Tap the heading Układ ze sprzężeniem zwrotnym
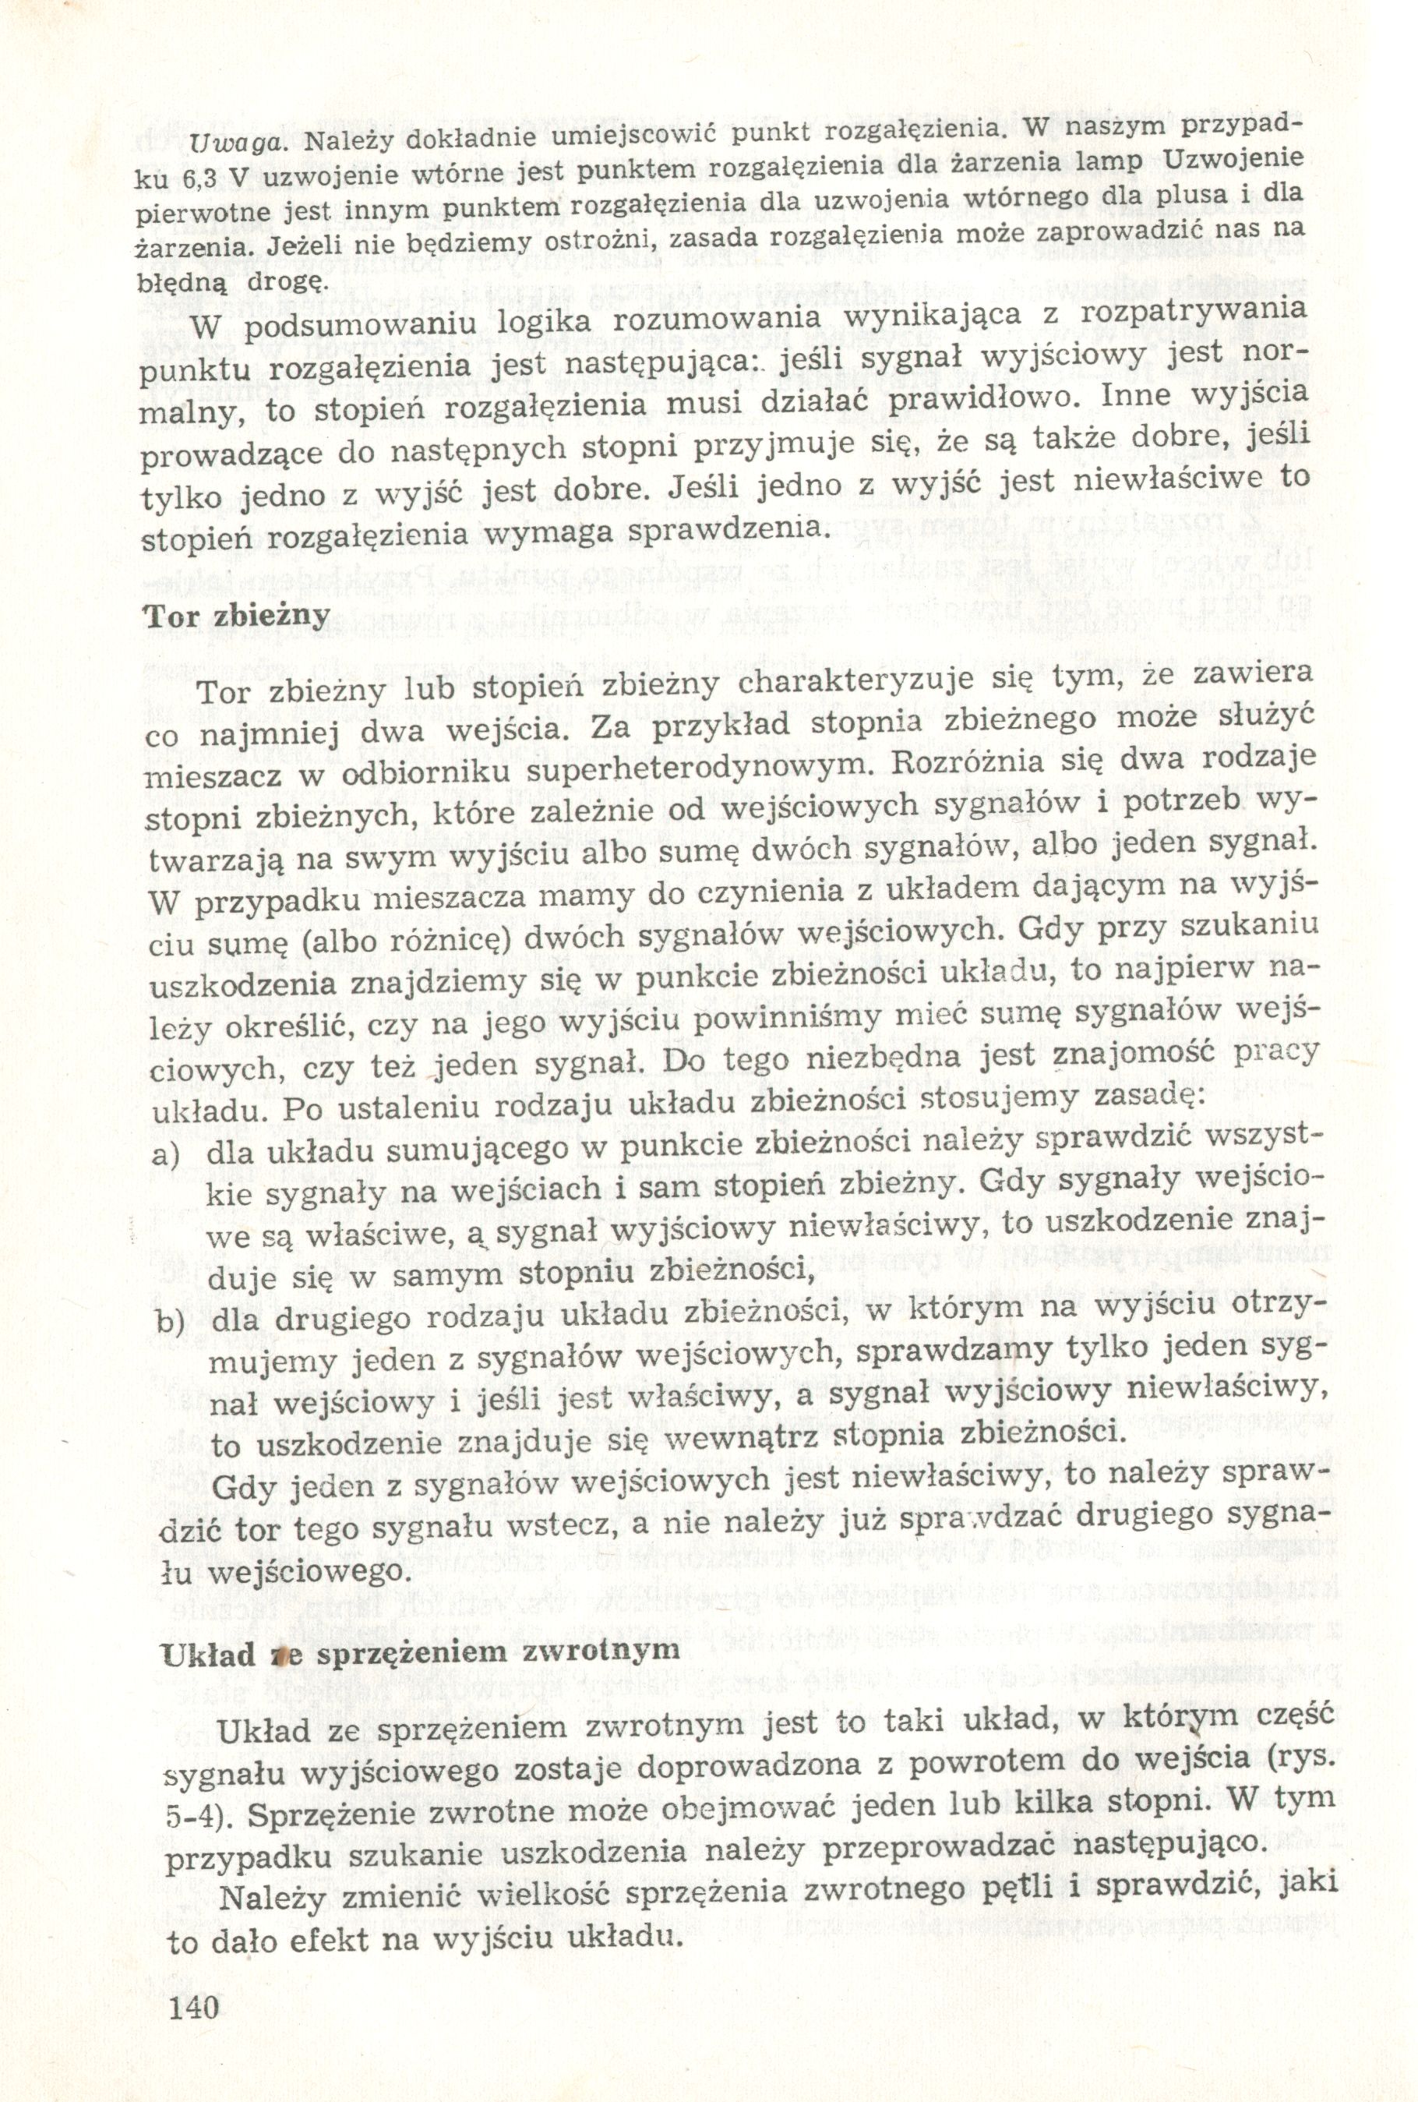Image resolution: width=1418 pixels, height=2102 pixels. point(418,1649)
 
